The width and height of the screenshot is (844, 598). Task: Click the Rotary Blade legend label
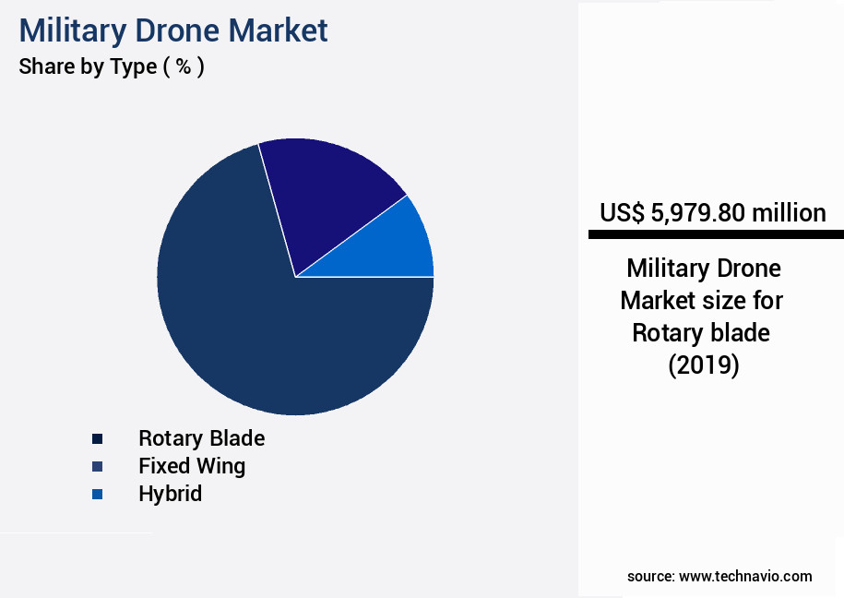click(201, 437)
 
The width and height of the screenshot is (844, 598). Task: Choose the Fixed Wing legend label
click(192, 465)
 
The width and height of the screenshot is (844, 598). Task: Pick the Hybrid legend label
click(170, 493)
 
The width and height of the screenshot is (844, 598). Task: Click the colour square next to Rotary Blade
click(97, 438)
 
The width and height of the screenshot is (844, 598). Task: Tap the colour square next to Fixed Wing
click(97, 466)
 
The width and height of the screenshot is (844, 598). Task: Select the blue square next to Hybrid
click(97, 494)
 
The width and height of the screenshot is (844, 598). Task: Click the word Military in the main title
click(72, 30)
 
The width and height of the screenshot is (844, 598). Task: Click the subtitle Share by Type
click(88, 67)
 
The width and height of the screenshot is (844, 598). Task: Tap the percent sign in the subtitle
click(183, 67)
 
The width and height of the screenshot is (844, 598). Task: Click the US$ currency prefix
click(622, 213)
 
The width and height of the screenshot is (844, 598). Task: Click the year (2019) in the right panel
click(703, 365)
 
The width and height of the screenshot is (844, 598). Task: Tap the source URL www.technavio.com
click(745, 576)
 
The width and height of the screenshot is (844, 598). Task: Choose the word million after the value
click(789, 213)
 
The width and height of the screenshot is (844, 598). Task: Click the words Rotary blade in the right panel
click(701, 332)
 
